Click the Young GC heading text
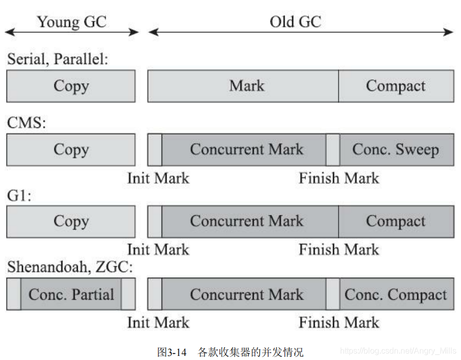[71, 22]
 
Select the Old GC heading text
[295, 22]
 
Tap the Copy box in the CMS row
[71, 150]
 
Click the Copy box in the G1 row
[71, 221]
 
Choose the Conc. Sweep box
[396, 150]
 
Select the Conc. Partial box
[71, 294]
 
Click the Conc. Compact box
[396, 294]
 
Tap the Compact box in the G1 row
[396, 221]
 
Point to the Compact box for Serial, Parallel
[396, 86]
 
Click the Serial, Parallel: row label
[57, 59]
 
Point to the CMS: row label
[26, 123]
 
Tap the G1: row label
[19, 195]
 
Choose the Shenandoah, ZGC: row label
[70, 268]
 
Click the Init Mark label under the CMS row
[158, 178]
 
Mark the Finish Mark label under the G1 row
[339, 250]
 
